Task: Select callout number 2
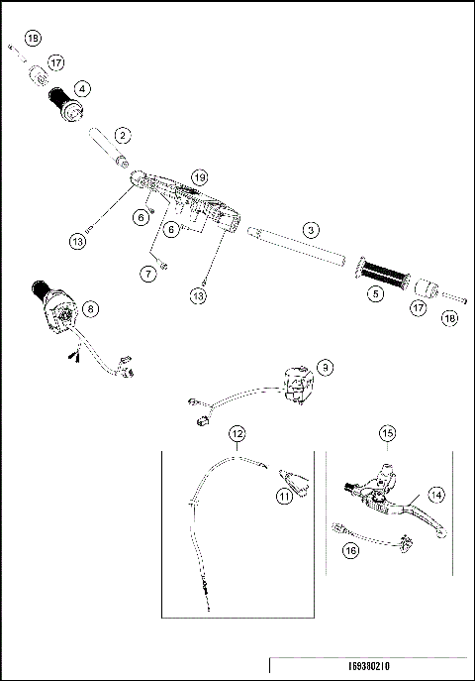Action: [123, 134]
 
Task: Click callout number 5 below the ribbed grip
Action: [374, 292]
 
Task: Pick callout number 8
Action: [91, 309]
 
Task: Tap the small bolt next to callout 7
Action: [164, 266]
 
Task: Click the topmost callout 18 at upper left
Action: [33, 38]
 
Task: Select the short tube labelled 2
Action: [110, 147]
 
